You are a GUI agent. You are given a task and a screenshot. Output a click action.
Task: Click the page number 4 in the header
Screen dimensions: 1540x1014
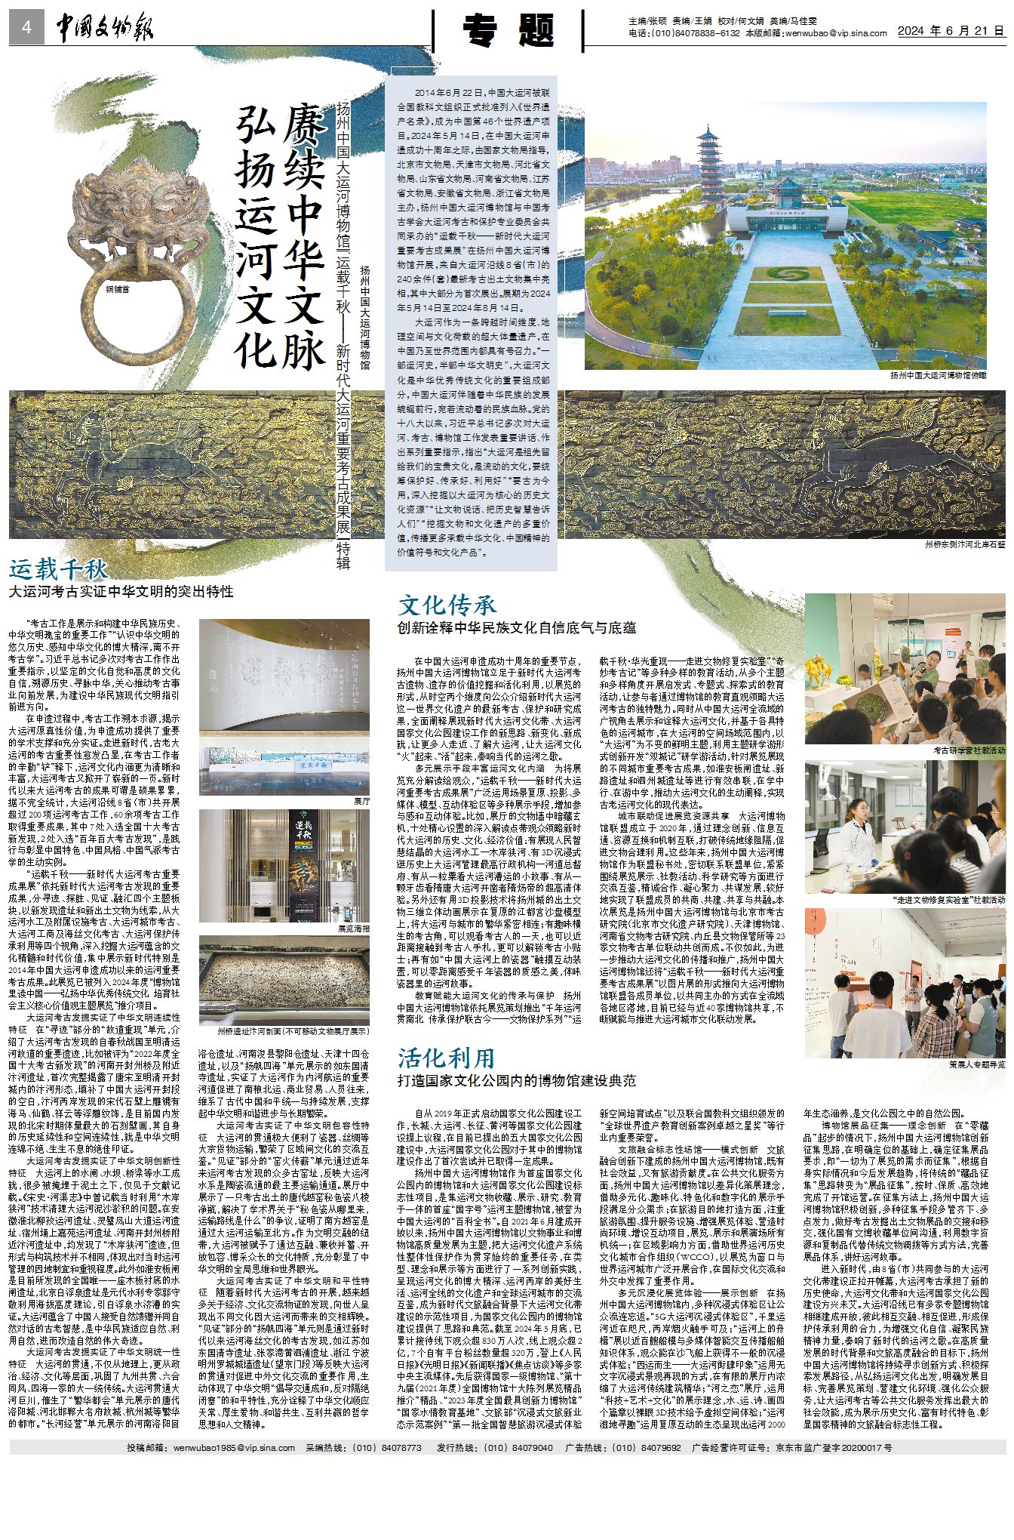(x=26, y=28)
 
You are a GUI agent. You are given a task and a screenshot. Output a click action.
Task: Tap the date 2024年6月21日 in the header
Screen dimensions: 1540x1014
(x=951, y=31)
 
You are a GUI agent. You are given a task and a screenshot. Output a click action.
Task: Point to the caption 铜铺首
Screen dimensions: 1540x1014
(x=117, y=289)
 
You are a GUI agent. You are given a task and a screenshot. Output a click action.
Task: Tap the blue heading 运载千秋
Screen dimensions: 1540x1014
(x=58, y=569)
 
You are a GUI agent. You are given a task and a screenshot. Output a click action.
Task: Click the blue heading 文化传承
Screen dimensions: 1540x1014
(x=447, y=605)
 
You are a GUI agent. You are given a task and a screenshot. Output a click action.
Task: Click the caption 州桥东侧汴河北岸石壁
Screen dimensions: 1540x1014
(x=965, y=544)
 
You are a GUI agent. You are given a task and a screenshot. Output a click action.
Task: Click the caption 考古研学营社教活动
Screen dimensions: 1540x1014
(x=969, y=751)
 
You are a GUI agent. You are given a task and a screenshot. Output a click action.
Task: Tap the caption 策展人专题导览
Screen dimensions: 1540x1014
(x=976, y=1064)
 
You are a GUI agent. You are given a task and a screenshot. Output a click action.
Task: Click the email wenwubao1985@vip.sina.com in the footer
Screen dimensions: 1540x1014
(x=233, y=1448)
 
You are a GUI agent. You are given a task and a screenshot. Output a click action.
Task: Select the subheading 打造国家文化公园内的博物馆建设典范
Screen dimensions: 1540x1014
(x=516, y=1081)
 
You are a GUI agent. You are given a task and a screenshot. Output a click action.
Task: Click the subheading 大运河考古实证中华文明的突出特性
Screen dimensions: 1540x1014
(x=121, y=592)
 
